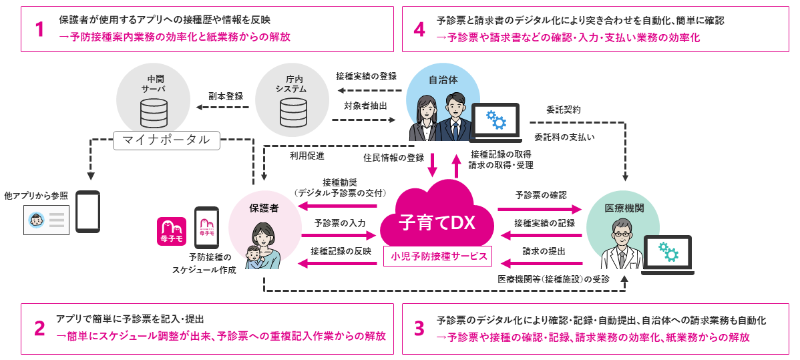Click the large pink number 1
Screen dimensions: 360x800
click(x=39, y=29)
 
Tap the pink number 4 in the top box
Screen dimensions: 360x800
click(x=419, y=29)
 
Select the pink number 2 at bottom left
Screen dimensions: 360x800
click(x=39, y=329)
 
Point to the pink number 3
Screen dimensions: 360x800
click(x=419, y=329)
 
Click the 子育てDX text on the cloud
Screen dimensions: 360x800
click(x=437, y=222)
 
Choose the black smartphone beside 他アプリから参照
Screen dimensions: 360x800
click(x=87, y=211)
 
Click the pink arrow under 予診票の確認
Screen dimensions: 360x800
click(x=541, y=209)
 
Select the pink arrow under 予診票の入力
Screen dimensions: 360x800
click(x=339, y=236)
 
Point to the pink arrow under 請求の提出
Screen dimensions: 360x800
click(x=541, y=264)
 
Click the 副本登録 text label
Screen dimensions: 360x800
click(x=225, y=96)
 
